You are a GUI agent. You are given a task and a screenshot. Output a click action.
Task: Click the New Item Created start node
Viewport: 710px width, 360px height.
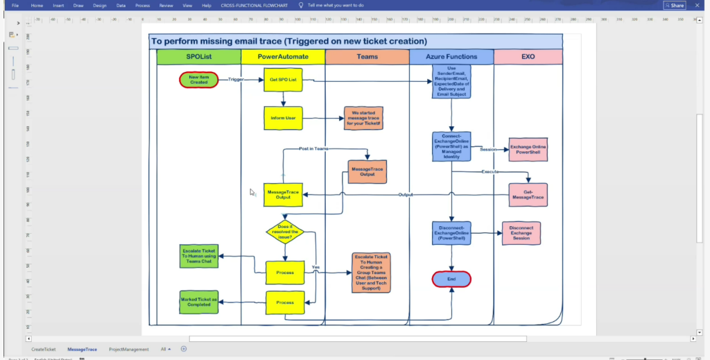[199, 80]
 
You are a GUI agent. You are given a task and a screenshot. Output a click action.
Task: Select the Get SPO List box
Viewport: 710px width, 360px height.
[284, 80]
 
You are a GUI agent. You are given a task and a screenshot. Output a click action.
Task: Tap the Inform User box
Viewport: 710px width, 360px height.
[284, 118]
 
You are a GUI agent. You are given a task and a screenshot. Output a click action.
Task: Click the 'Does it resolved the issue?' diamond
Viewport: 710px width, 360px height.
[286, 232]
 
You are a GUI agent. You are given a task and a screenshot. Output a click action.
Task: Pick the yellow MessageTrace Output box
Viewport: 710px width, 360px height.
[284, 194]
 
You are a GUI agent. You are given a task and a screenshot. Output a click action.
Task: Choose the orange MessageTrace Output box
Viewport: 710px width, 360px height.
[367, 171]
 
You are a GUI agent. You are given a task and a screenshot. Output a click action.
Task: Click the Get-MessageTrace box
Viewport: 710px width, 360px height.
[528, 194]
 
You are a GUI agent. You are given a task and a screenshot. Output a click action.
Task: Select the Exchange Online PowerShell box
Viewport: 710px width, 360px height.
[528, 149]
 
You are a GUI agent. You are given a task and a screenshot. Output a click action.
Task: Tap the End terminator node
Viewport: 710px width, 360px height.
[451, 279]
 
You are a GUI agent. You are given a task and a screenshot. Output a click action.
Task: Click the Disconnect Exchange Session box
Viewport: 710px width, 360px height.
[521, 233]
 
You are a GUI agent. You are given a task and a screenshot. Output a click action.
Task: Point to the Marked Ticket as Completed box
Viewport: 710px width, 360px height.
[199, 302]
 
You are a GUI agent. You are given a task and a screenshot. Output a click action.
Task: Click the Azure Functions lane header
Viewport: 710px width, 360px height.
[451, 56]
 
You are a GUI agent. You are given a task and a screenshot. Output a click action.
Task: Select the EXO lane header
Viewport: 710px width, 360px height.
[528, 56]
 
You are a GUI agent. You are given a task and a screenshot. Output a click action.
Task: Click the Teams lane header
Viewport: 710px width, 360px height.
[367, 56]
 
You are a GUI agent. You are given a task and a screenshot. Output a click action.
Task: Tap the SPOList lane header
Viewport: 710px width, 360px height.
[199, 56]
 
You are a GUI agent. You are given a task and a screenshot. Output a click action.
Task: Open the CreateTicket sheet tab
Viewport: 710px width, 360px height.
[44, 350]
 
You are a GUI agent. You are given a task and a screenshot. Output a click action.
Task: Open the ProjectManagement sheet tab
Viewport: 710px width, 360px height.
[129, 350]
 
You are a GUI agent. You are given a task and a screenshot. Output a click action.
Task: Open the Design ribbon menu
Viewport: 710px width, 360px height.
[100, 6]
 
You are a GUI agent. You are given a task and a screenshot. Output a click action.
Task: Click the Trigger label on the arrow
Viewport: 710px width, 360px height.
[236, 80]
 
